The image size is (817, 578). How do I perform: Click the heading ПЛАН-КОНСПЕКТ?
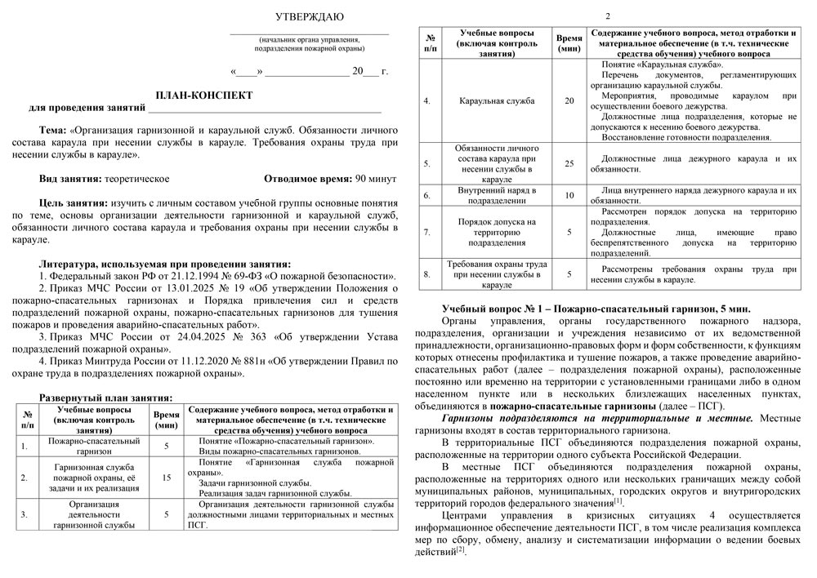click(204, 96)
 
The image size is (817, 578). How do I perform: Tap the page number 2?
click(606, 16)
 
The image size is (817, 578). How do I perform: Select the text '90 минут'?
click(377, 178)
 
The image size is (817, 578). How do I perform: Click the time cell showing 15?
click(167, 478)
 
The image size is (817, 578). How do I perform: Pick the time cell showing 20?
click(569, 101)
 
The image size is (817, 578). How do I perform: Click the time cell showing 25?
click(569, 163)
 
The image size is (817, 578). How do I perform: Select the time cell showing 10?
click(569, 196)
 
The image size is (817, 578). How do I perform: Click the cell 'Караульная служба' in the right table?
click(498, 101)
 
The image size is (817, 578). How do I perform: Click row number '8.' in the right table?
click(426, 275)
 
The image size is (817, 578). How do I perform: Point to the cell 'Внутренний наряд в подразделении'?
click(498, 195)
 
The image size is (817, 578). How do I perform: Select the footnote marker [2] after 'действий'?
click(461, 550)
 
